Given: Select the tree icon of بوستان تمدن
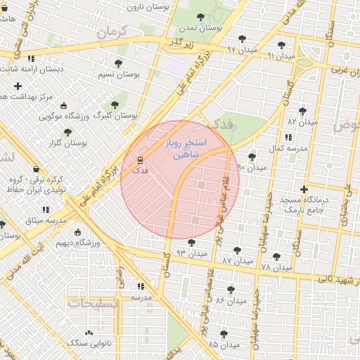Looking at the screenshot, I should [201, 17].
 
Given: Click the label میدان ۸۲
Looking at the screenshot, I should [302, 122].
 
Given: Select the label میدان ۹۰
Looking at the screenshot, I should [252, 168].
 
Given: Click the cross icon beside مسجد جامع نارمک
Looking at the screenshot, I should [304, 189].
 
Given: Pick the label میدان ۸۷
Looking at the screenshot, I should [236, 260].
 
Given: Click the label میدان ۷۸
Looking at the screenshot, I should [276, 268].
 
